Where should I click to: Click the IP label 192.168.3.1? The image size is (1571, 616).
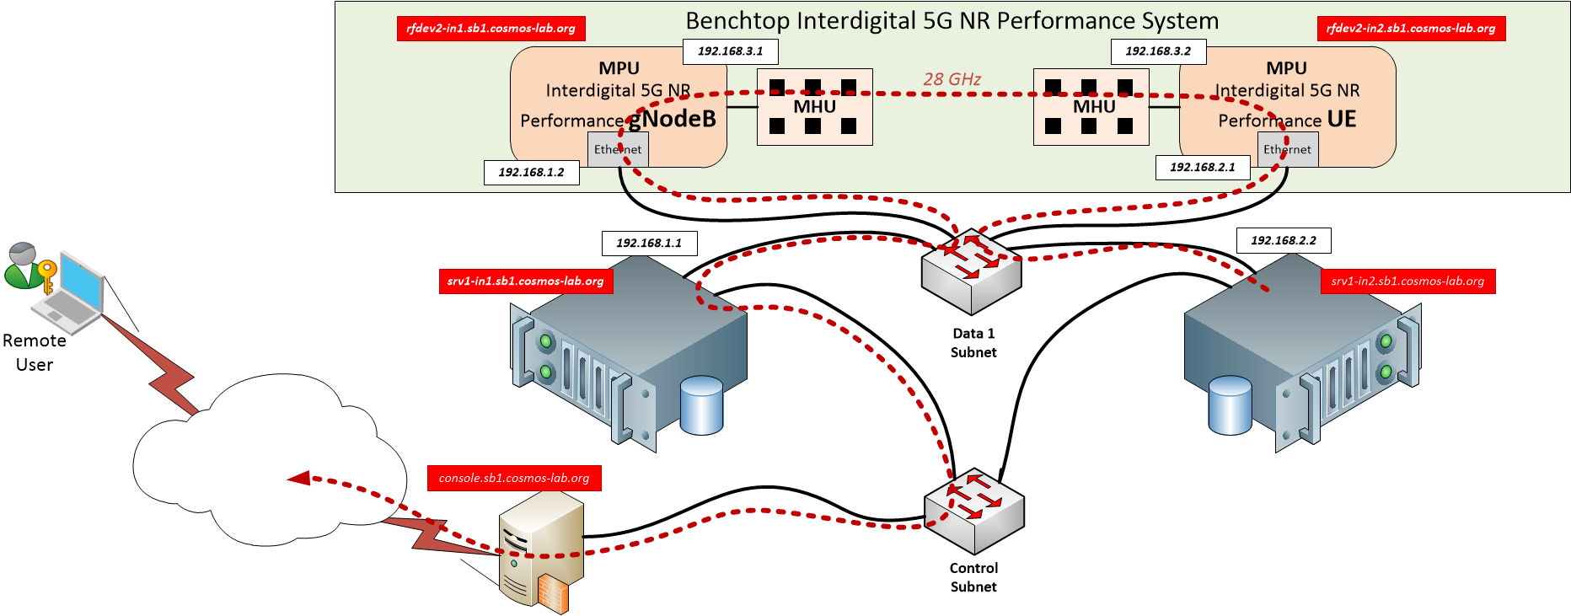pos(730,51)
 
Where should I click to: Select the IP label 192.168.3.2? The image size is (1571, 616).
pos(1158,51)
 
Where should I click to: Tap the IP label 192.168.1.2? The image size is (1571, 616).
pos(531,173)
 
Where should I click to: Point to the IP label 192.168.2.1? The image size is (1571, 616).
pos(1202,168)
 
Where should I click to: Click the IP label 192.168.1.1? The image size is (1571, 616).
pos(649,244)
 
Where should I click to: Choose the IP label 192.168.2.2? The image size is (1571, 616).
pos(1283,241)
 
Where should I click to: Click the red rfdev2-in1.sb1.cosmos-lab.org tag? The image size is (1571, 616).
pos(491,29)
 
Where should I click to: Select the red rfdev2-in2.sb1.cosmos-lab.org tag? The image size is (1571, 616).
pos(1411,29)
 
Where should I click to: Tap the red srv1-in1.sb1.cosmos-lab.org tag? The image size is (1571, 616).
pos(526,281)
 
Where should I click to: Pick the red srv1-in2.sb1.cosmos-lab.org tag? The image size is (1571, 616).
pos(1407,281)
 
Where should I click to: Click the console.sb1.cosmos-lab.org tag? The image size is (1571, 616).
pos(514,479)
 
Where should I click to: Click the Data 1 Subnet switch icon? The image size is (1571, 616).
pos(972,271)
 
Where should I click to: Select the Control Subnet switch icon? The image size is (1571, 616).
pos(974,511)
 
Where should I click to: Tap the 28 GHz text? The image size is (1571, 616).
pos(952,79)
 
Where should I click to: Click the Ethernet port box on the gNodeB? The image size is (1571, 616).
pos(618,150)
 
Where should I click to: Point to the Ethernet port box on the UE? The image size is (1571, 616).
pos(1287,150)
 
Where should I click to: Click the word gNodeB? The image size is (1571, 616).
pos(673,119)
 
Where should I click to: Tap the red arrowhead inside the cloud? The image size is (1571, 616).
pos(299,479)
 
